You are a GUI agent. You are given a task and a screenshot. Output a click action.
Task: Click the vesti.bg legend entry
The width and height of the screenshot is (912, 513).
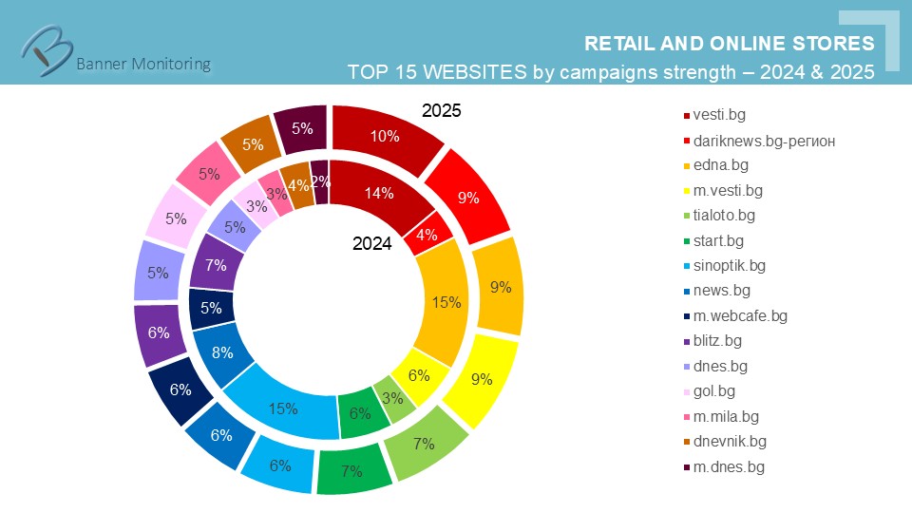719,115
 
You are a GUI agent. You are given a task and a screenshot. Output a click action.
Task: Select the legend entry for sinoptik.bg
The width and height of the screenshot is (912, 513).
730,265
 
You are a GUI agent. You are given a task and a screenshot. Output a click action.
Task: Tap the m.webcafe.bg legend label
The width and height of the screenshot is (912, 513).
740,315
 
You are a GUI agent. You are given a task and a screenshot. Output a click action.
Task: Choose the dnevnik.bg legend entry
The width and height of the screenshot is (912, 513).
730,441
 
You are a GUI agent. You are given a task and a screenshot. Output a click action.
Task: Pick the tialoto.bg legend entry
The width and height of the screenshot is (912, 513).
724,216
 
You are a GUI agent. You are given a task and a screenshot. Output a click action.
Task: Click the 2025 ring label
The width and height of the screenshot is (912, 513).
441,111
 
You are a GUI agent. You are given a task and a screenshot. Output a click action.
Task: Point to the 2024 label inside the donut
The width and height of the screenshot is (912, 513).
371,243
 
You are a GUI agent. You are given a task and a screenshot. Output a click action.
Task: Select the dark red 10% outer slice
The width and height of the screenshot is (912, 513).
385,136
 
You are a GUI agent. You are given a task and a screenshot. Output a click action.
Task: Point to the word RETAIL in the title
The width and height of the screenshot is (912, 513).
616,44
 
